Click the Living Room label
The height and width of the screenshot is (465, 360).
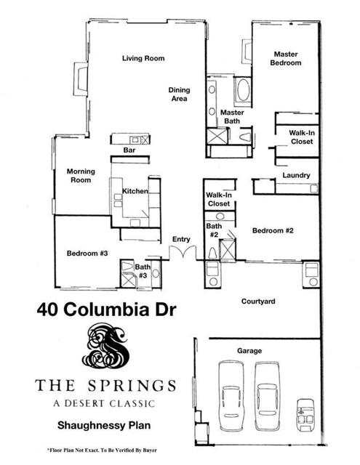(x=143, y=58)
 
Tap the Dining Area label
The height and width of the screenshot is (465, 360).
(x=179, y=94)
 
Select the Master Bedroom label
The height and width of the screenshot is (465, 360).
(x=286, y=58)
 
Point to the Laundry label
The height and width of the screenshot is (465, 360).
(x=296, y=175)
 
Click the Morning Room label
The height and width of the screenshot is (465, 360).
(x=81, y=176)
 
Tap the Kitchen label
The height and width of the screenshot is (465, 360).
(x=135, y=191)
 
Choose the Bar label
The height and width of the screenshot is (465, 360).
(x=129, y=150)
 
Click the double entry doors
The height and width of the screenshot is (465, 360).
(x=183, y=253)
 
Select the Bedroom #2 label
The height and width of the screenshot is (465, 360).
(x=273, y=230)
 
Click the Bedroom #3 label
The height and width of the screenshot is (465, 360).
(x=87, y=254)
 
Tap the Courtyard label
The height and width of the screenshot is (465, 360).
(x=258, y=302)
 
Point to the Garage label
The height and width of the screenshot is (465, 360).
(x=249, y=351)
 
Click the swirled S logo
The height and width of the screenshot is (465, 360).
(x=105, y=346)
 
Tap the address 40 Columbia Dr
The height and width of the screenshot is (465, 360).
(x=107, y=310)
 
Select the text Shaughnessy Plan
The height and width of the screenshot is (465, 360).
(x=104, y=426)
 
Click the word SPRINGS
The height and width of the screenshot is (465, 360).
(x=132, y=386)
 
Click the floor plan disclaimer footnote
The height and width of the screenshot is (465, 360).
(x=102, y=450)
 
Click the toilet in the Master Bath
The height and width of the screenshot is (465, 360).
(x=246, y=137)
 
